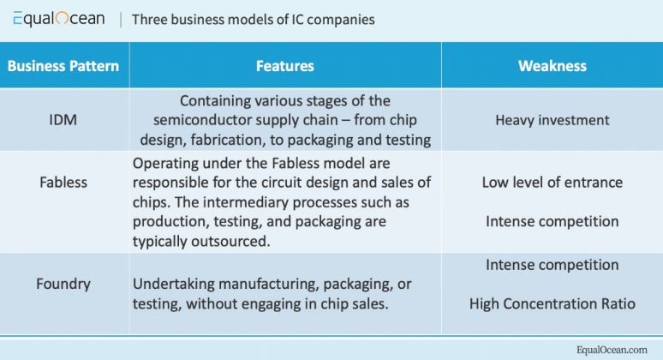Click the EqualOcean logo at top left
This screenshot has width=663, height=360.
[58, 19]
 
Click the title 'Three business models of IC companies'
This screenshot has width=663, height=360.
[253, 19]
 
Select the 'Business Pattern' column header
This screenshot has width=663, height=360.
[63, 66]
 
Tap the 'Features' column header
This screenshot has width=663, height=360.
[284, 66]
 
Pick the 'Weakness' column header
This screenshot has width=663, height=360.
[552, 66]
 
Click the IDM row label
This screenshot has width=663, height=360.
[63, 120]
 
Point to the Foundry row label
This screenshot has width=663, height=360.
[63, 285]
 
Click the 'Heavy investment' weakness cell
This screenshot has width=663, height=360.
[552, 120]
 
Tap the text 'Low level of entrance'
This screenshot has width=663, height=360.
[552, 183]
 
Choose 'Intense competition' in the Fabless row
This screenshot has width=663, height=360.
[552, 221]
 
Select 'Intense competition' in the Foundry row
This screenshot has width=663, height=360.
[552, 265]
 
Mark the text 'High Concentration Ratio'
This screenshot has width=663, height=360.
[552, 303]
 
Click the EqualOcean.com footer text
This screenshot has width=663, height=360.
[612, 349]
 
